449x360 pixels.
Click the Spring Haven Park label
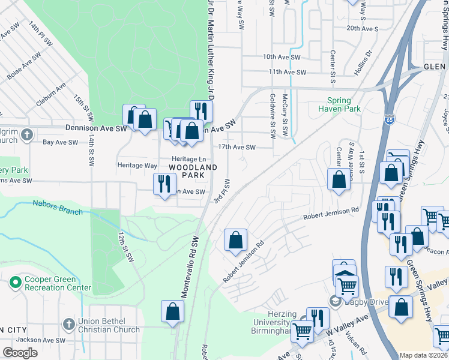coord(343,104)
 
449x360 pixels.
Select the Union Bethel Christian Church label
coord(108,325)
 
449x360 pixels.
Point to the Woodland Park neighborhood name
coord(192,170)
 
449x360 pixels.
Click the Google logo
coord(20,352)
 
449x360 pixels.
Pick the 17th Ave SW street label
coord(237,147)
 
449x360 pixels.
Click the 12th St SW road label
coord(125,250)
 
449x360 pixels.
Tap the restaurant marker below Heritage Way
coord(164,184)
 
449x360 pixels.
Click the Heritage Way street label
coord(137,165)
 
